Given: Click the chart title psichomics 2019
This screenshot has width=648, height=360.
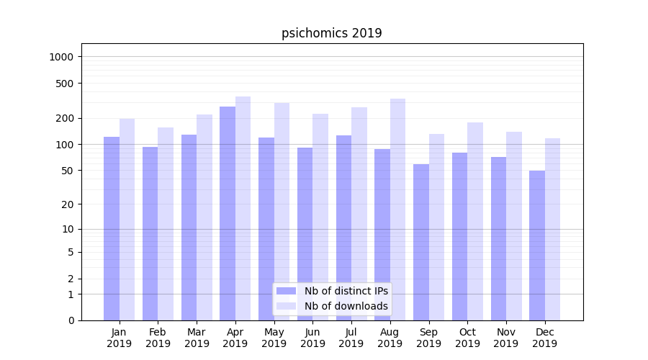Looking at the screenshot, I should point(331,33).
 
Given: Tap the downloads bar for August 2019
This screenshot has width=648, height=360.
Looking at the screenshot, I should point(397,210).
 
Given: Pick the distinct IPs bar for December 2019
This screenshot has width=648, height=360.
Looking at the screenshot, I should point(537,246).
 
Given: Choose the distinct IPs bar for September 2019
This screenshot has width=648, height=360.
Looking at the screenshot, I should point(421,242).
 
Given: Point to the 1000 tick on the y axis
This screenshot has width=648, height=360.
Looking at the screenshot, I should point(64,57).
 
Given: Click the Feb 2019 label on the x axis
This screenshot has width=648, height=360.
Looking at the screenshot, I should point(158,338).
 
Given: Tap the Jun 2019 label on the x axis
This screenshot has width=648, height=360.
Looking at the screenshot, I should point(312,338).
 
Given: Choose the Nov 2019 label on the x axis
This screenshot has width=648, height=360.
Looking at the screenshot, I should point(506,338).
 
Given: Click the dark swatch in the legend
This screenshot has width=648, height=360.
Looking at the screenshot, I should point(286,291).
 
